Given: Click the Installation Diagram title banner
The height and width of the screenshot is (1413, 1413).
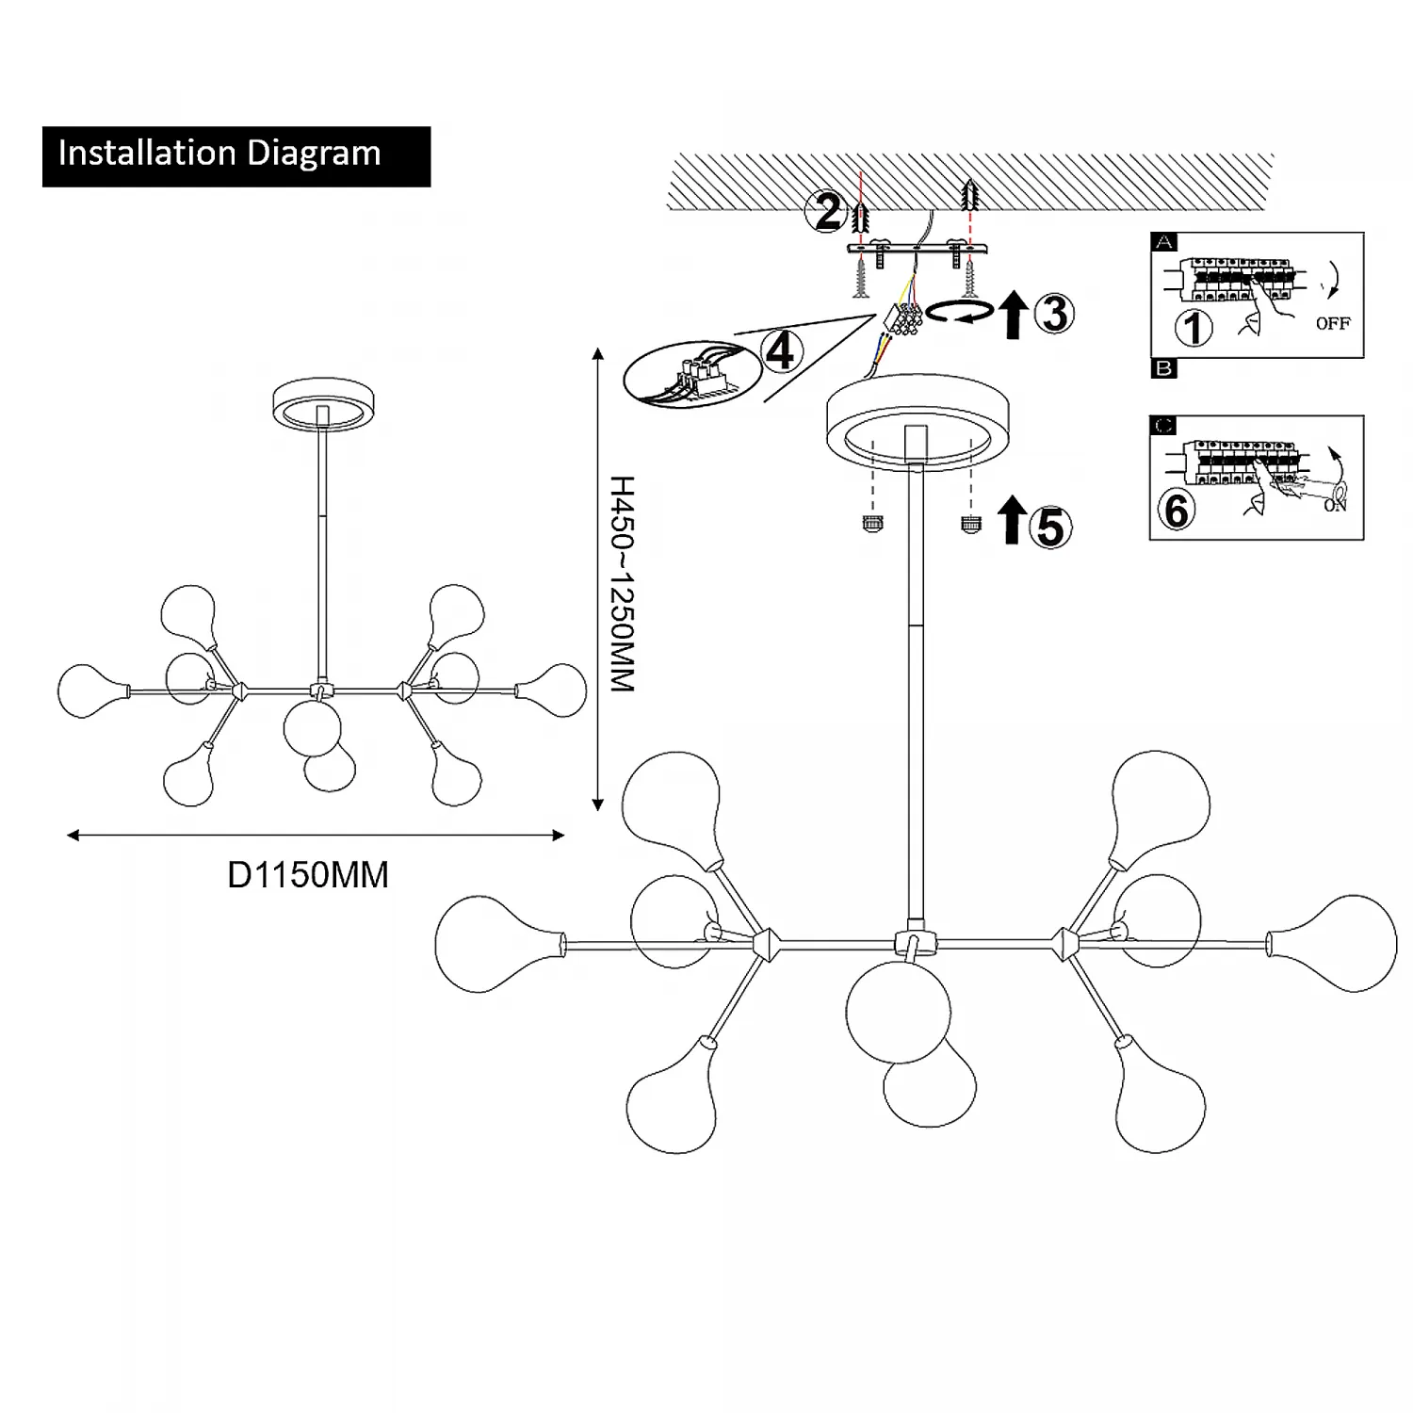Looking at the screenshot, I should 235,155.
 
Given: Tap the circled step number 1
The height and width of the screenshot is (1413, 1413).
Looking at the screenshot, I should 1194,329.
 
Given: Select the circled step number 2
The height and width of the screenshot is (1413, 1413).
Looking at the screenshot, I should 827,212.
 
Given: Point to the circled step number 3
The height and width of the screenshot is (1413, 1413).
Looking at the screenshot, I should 1054,314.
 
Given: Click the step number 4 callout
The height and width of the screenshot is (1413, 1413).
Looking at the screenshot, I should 780,351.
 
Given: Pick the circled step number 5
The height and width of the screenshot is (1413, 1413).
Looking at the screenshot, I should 1049,527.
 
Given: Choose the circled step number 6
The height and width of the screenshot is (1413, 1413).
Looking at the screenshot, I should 1177,511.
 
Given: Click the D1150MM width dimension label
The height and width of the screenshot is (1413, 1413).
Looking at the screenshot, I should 308,875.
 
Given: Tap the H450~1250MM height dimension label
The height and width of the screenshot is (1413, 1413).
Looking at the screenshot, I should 623,584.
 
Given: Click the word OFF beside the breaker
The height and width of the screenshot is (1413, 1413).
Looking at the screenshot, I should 1332,323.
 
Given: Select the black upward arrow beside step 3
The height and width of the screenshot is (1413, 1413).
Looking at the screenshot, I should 1013,316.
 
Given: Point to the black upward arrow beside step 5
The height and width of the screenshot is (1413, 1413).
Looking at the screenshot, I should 1011,520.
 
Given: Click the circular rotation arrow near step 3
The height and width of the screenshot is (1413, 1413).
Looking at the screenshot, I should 959,313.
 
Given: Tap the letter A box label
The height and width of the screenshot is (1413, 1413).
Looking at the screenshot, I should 1164,243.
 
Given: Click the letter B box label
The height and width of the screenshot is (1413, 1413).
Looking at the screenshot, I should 1164,368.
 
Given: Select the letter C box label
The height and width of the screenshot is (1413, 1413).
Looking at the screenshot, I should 1164,426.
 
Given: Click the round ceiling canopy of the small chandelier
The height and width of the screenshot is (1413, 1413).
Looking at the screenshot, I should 322,407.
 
